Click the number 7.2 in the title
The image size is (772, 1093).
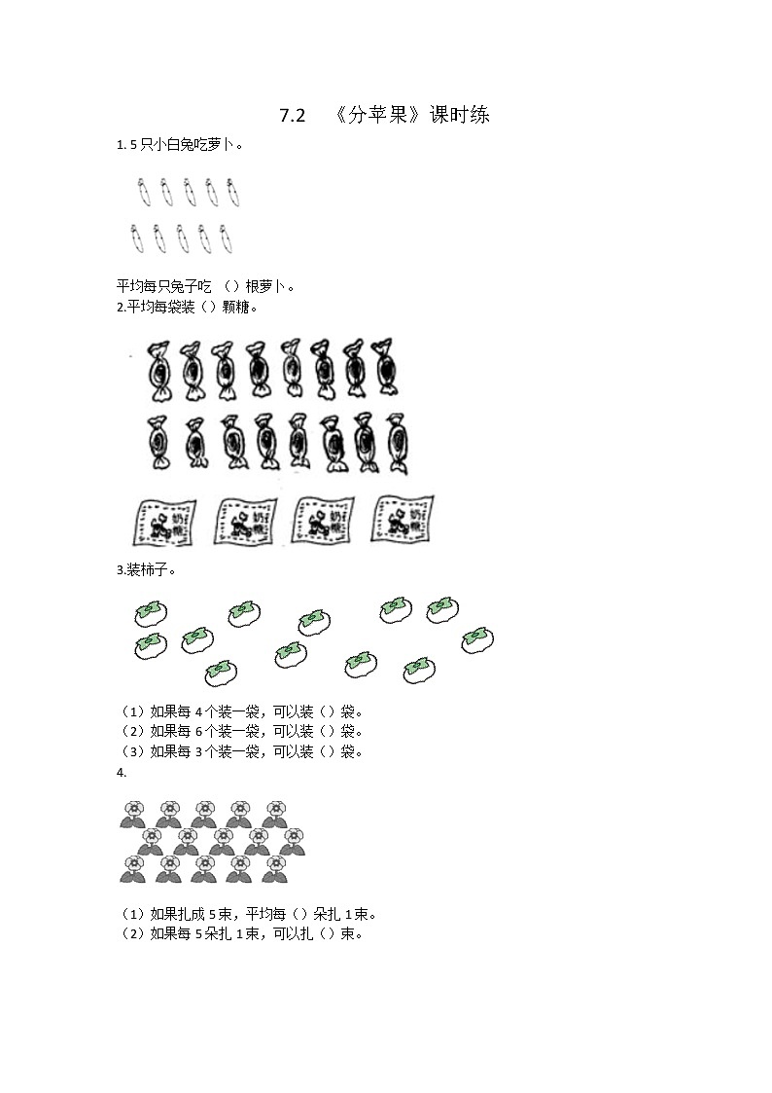(x=292, y=116)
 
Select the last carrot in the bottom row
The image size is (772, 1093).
(x=227, y=237)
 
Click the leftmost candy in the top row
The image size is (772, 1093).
(x=158, y=371)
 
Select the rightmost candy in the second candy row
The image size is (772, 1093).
(x=397, y=443)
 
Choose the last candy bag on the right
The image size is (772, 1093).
(x=404, y=518)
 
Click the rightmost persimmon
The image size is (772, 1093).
(x=476, y=638)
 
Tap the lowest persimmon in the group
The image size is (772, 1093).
(x=221, y=673)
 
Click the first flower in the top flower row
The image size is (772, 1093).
(x=133, y=815)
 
